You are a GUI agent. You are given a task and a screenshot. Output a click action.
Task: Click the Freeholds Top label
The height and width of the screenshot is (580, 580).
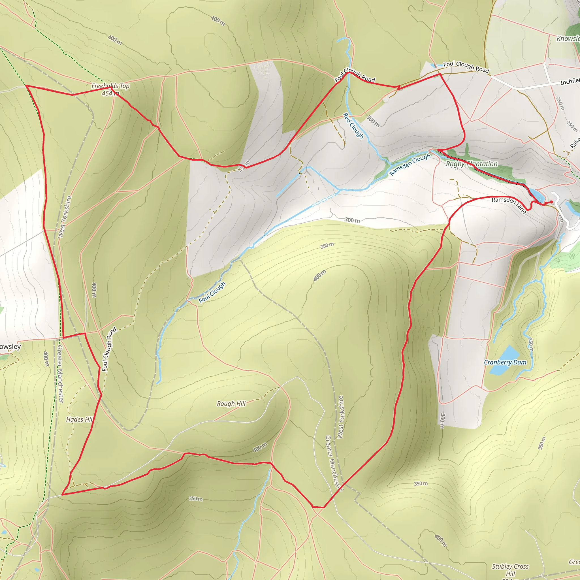pyautogui.click(x=110, y=86)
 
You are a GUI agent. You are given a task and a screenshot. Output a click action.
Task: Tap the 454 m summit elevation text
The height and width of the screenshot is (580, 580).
pyautogui.click(x=110, y=94)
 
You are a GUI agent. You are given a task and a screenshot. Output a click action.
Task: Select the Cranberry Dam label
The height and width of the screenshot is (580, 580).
pyautogui.click(x=505, y=362)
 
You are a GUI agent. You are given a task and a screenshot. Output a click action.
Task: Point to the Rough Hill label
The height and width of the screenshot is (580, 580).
pyautogui.click(x=231, y=404)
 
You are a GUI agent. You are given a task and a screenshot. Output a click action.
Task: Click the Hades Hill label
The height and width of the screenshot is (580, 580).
pyautogui.click(x=79, y=419)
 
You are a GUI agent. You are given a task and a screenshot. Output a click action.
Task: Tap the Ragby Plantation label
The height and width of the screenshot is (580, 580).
pyautogui.click(x=472, y=164)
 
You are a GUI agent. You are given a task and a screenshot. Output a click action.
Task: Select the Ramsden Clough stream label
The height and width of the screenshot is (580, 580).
pyautogui.click(x=410, y=165)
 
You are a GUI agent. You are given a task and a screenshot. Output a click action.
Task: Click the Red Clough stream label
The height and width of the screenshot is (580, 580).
pyautogui.click(x=353, y=126)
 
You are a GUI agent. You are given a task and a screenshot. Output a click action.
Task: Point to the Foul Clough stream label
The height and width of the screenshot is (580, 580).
pyautogui.click(x=212, y=292)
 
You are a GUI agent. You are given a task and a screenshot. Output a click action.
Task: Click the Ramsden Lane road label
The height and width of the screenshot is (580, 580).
pyautogui.click(x=509, y=205)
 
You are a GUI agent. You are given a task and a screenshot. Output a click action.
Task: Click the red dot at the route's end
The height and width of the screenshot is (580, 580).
pyautogui.click(x=551, y=202)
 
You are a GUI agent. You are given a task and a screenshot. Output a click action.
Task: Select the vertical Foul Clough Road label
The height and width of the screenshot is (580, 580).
pyautogui.click(x=109, y=349)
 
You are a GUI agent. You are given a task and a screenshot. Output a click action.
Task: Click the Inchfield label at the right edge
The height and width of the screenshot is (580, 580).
pyautogui.click(x=570, y=81)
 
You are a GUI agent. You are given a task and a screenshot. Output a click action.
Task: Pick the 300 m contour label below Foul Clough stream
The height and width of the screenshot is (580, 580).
pyautogui.click(x=352, y=220)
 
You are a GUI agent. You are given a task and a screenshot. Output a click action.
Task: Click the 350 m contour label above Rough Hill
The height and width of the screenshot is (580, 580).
pyautogui.click(x=327, y=246)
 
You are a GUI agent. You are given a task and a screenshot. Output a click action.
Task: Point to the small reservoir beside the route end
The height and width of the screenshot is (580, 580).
pyautogui.click(x=537, y=195)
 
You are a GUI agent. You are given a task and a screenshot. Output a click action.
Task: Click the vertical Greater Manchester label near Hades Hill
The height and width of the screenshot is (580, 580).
pyautogui.click(x=60, y=374)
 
